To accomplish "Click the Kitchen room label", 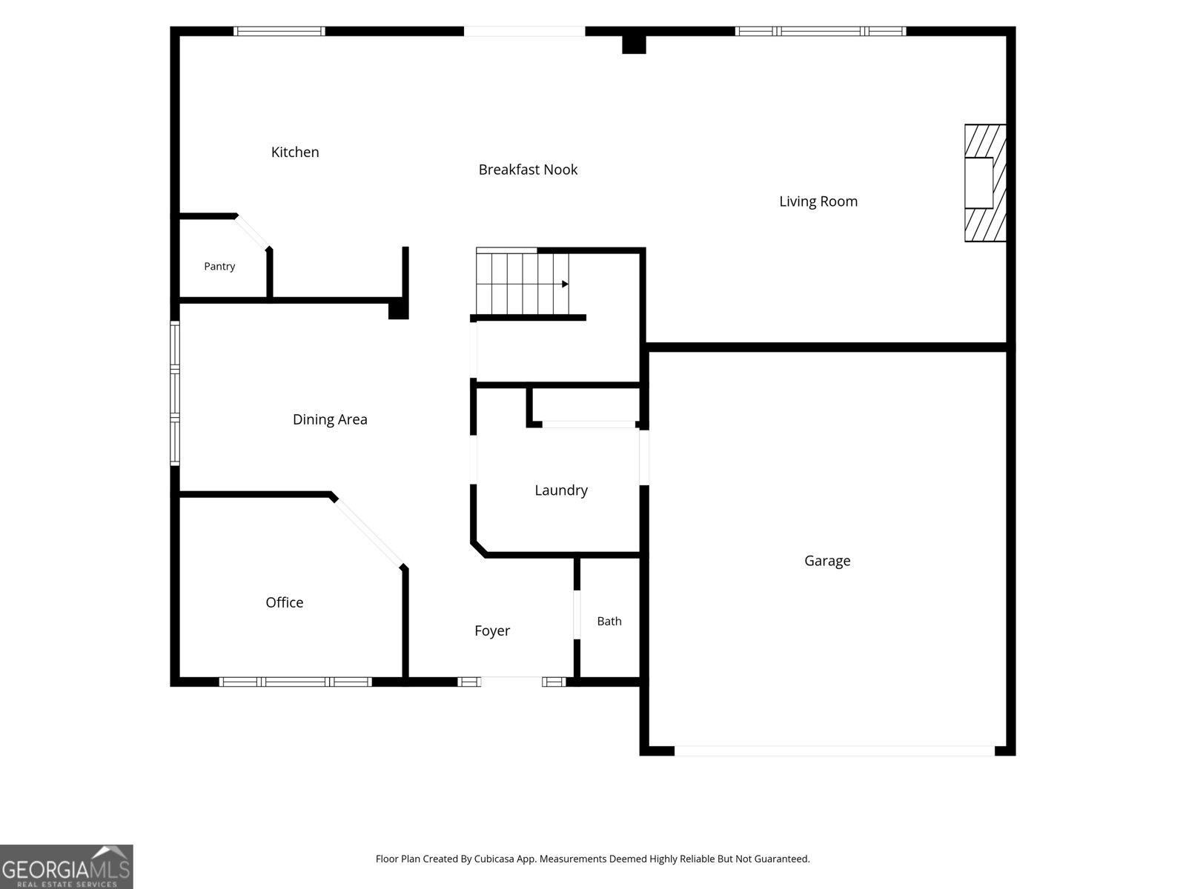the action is [x=295, y=152].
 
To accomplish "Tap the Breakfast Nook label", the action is [x=528, y=170].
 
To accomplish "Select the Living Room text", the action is [x=818, y=202].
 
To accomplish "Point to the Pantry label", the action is [x=219, y=266].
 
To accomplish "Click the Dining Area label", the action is [x=330, y=419].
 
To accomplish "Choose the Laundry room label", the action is [x=561, y=490].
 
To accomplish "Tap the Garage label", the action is [x=827, y=561].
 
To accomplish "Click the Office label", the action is [x=284, y=602].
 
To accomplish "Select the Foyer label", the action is [x=491, y=631].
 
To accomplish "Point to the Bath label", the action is [x=609, y=622].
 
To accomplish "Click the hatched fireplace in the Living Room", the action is [x=985, y=183].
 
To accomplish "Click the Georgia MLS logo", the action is [x=67, y=866].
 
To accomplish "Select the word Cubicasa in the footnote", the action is [x=494, y=859].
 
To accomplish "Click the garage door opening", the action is [x=834, y=750].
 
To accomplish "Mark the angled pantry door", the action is [x=253, y=232].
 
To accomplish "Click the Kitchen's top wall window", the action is [x=279, y=31].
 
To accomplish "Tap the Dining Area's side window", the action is [x=175, y=393].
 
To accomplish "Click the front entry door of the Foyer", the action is [x=511, y=682].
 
